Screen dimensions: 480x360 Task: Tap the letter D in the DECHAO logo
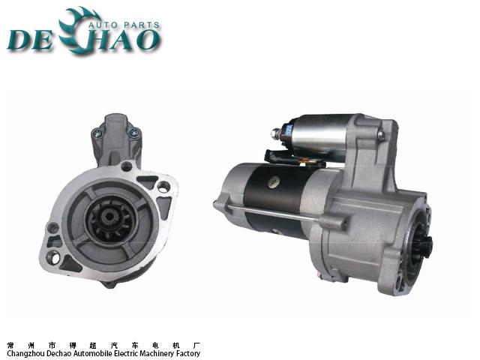19,40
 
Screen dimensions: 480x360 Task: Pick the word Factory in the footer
188,353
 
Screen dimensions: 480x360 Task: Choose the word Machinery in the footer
158,353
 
